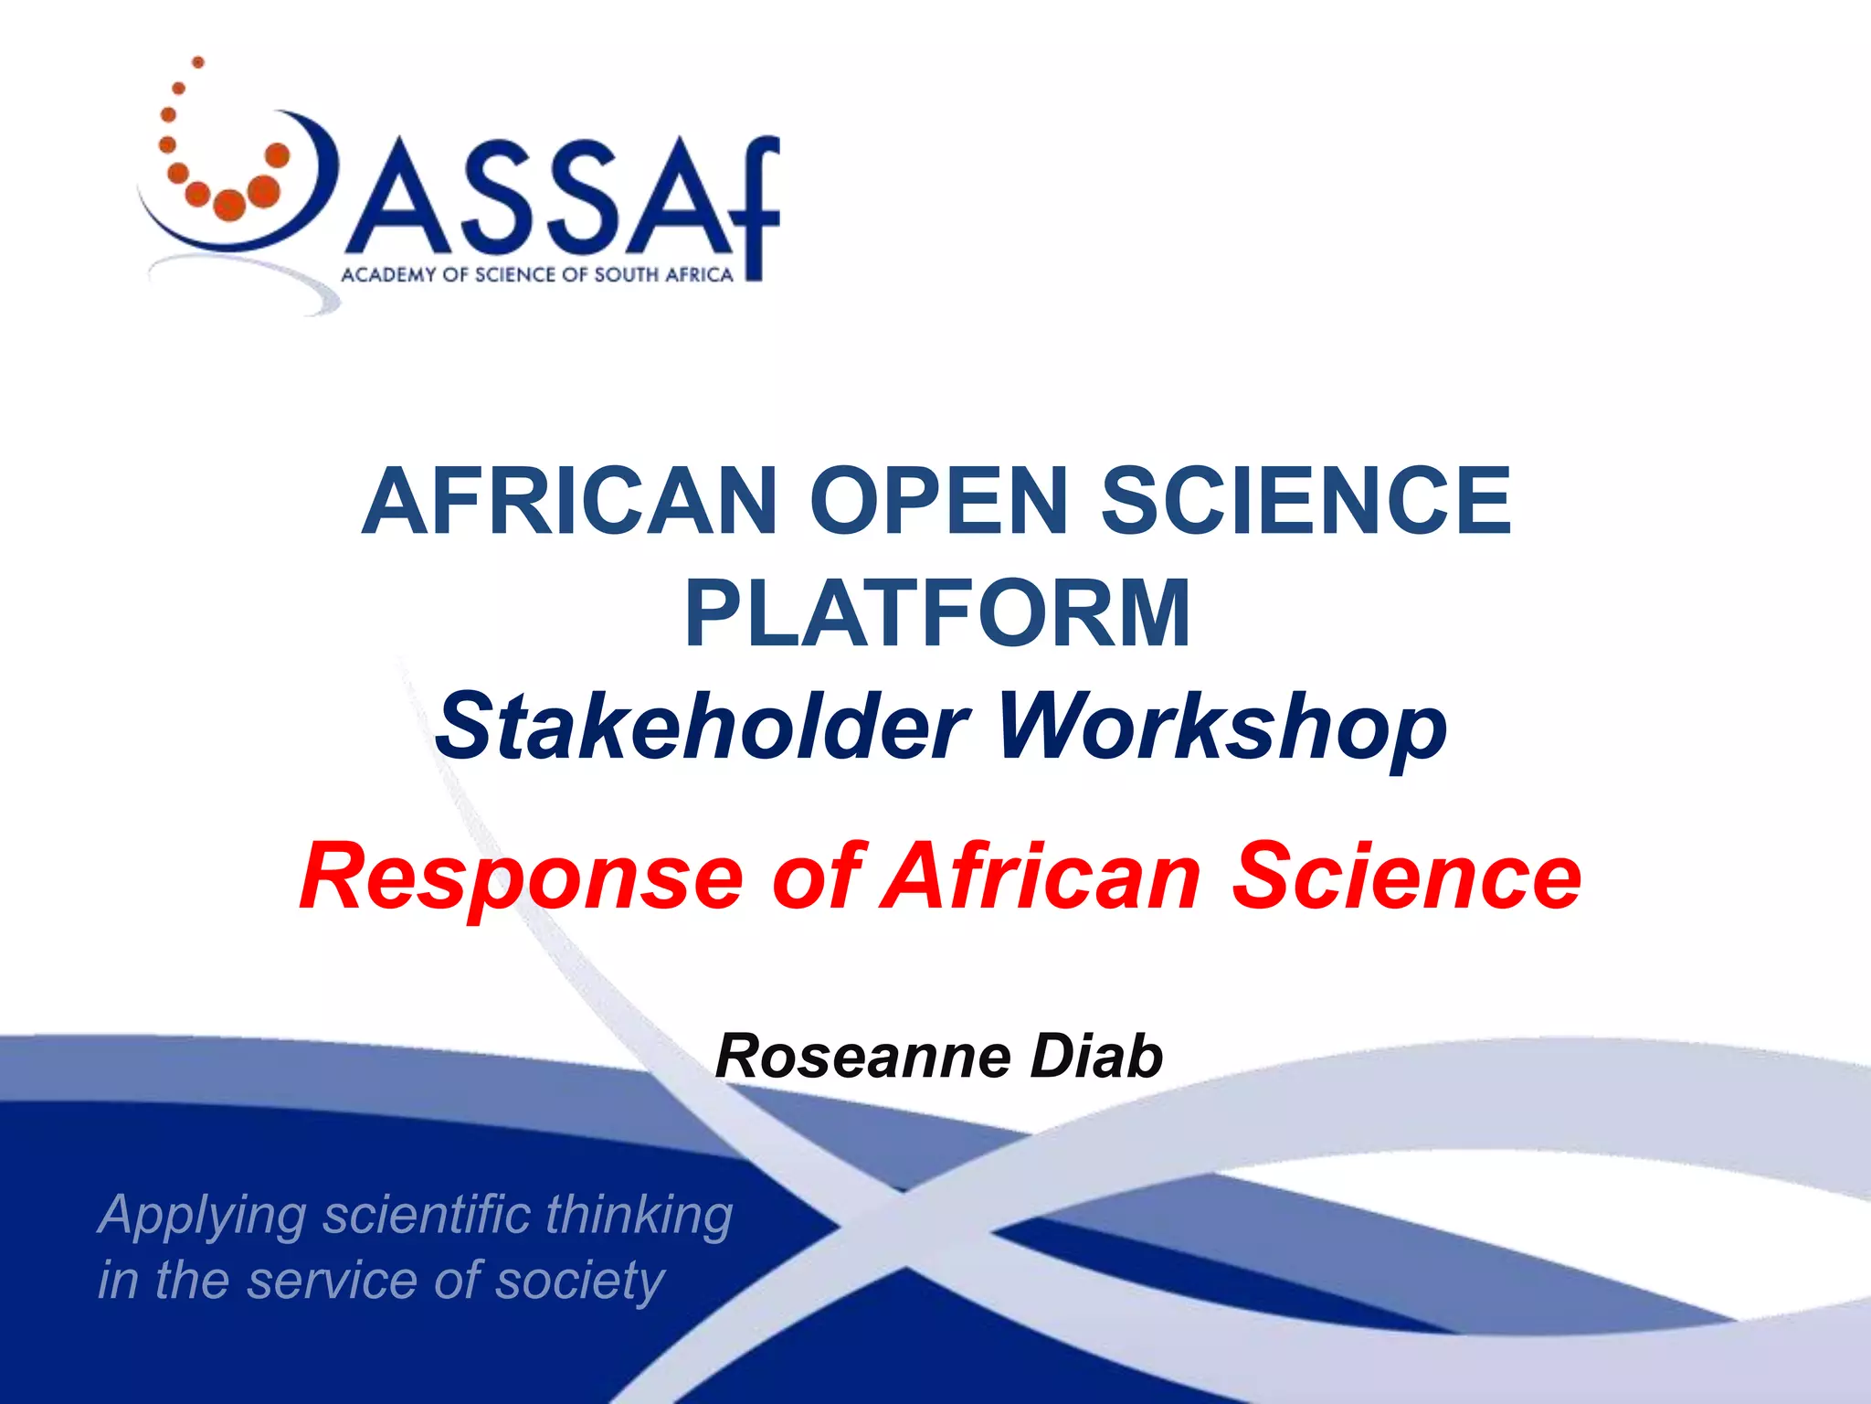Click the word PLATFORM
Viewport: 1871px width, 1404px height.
[937, 613]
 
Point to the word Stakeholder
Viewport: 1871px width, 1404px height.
[701, 727]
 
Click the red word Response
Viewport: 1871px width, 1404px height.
[521, 877]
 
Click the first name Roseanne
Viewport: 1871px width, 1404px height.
[864, 1057]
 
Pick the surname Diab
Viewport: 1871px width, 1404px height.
[1096, 1057]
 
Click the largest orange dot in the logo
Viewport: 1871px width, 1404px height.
[263, 191]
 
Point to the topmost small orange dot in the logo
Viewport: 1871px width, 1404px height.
[197, 62]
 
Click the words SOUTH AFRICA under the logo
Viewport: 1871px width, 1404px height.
[663, 275]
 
